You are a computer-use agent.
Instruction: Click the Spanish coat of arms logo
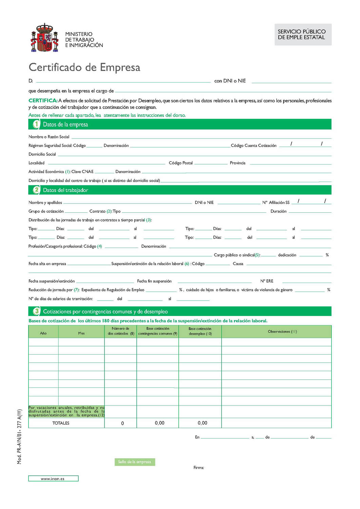click(x=45, y=38)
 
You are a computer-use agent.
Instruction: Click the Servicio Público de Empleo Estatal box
click(x=303, y=35)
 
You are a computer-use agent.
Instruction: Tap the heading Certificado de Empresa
click(x=84, y=67)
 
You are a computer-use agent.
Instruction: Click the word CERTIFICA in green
click(x=43, y=100)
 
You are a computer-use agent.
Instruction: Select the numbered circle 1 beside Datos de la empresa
click(x=36, y=124)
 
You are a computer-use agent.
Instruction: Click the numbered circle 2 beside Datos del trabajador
click(x=36, y=190)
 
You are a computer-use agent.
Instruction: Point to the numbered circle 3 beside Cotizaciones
click(x=36, y=311)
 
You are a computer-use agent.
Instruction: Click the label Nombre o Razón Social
click(x=49, y=137)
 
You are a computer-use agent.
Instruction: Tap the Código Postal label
click(x=181, y=163)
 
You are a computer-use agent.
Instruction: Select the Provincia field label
click(x=238, y=163)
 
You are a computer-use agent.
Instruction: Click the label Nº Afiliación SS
click(x=276, y=203)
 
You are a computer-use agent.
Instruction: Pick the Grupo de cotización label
click(x=46, y=211)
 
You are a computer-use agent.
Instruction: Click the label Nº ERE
click(x=267, y=281)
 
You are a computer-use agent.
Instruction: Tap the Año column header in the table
click(x=43, y=333)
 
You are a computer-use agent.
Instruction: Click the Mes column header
click(x=81, y=333)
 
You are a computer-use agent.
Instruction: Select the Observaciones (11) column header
click(x=282, y=332)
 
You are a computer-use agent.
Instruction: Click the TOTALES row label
click(x=61, y=423)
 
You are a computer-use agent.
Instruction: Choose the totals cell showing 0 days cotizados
click(x=122, y=423)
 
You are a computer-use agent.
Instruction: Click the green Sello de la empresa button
click(x=135, y=462)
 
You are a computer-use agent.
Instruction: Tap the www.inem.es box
click(x=53, y=478)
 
